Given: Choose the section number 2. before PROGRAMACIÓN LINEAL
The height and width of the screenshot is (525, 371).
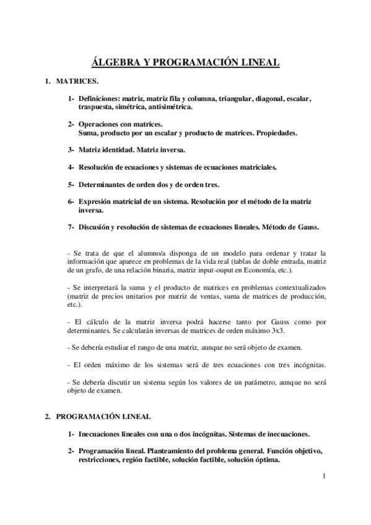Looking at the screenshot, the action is click(x=47, y=417).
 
